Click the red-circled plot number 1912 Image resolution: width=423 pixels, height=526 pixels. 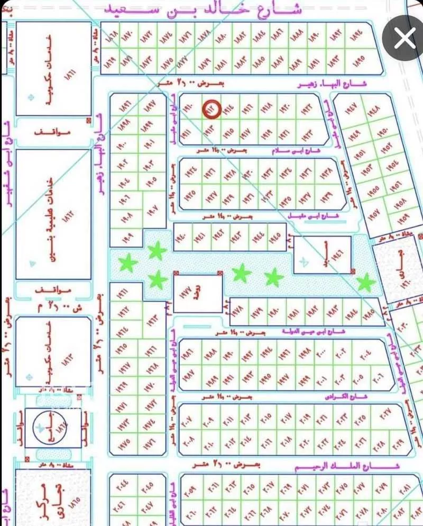tap(212, 109)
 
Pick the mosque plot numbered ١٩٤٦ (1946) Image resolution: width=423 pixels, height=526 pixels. tap(322, 255)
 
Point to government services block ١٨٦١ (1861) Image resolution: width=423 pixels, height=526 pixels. tap(53, 69)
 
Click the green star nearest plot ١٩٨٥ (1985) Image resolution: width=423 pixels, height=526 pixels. tap(364, 283)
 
